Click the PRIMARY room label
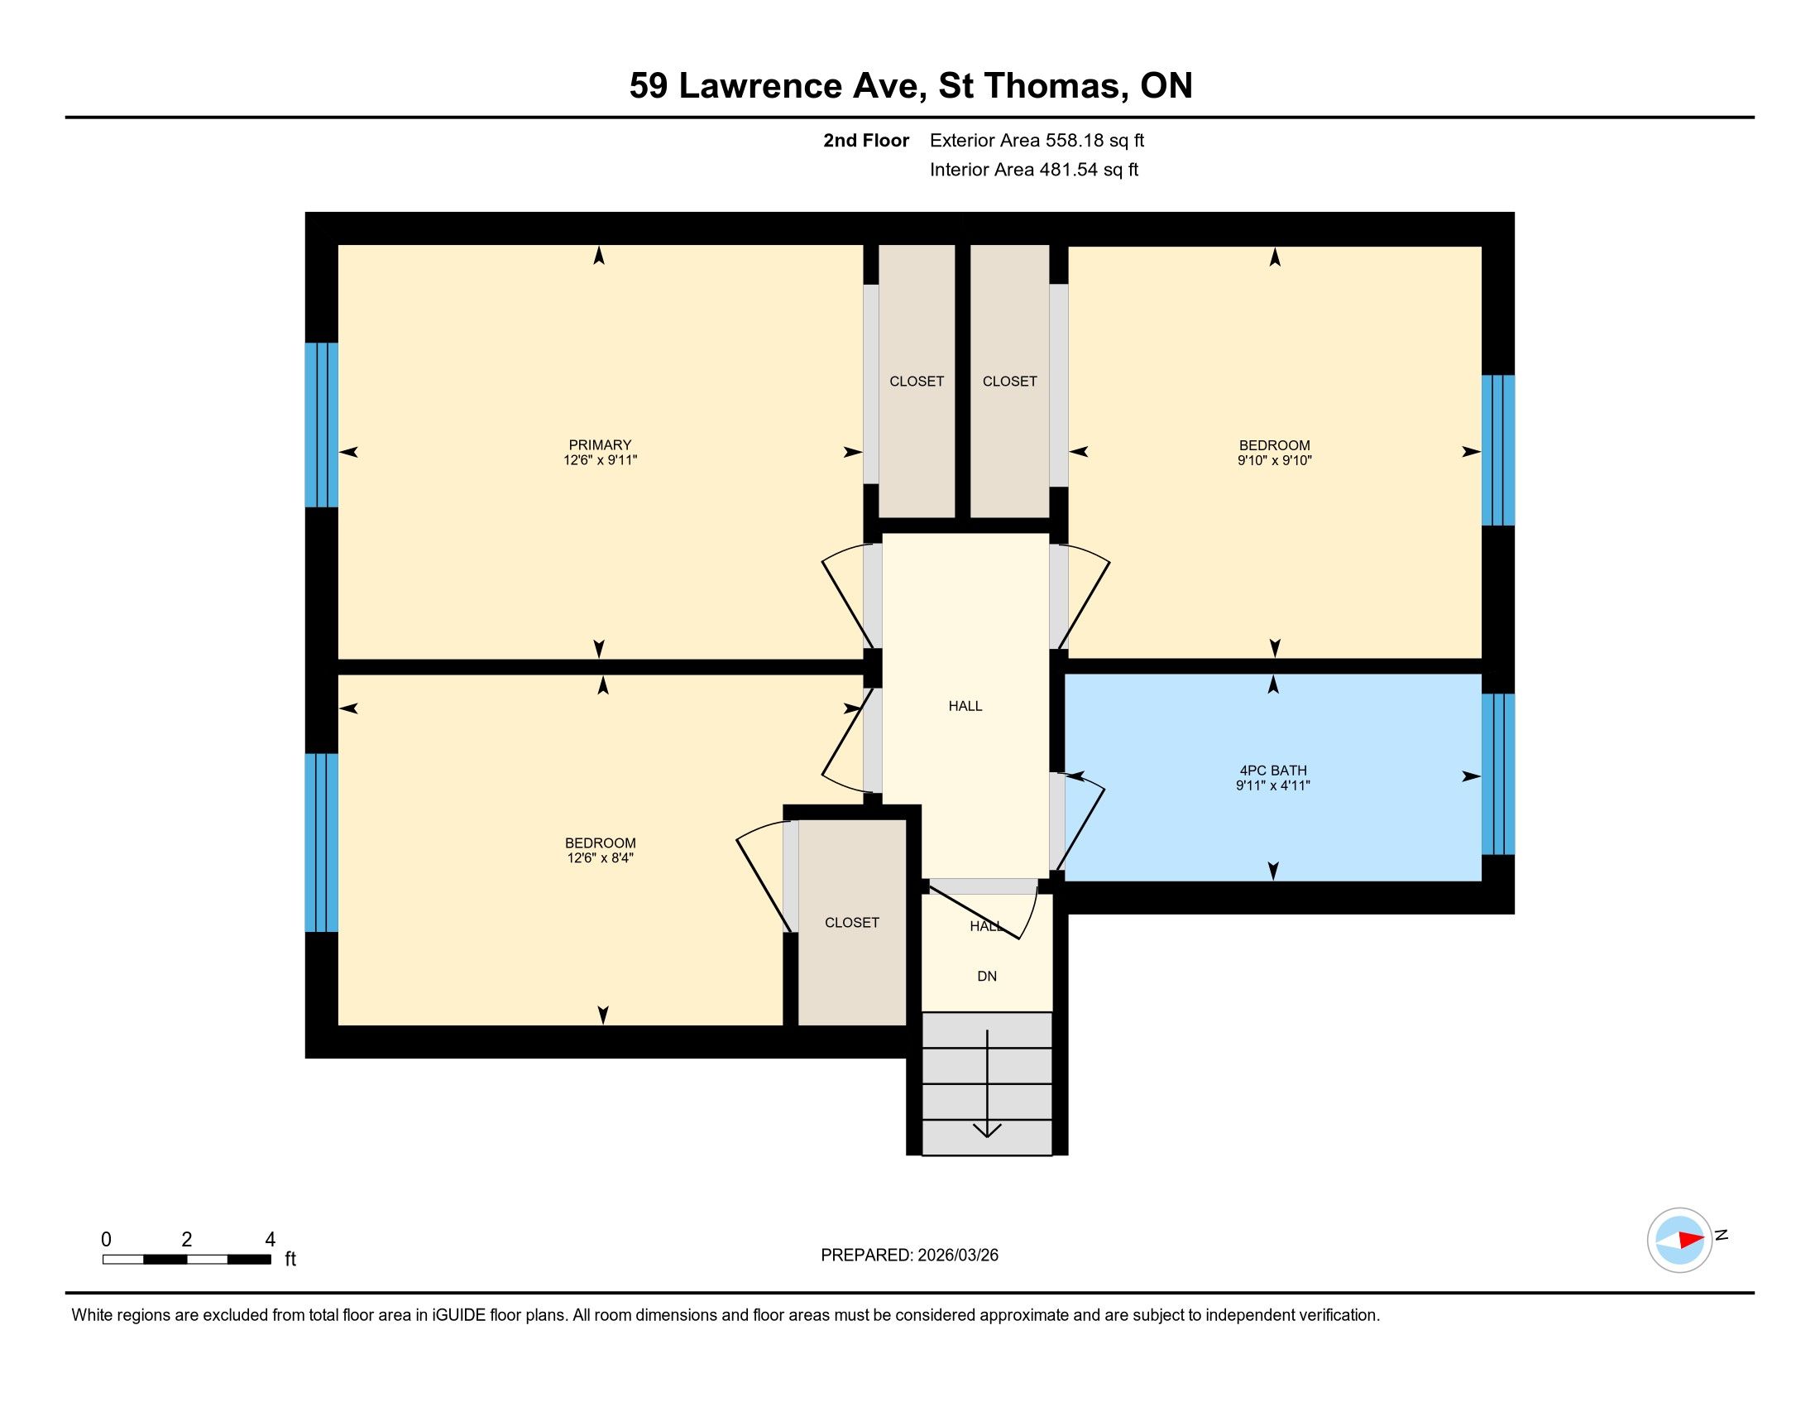coord(600,445)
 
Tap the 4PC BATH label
coord(1272,771)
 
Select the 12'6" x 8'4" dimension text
coord(600,857)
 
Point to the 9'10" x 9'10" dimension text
coord(1274,460)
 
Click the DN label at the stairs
coord(987,976)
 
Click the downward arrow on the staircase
coord(988,1083)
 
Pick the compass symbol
coord(1680,1240)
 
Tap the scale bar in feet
coord(187,1259)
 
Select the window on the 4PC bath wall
coord(1497,775)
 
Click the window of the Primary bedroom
coord(321,425)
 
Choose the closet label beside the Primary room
coord(917,381)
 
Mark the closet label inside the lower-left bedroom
coord(851,923)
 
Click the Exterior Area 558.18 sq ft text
coord(1037,140)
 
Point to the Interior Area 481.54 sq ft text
coord(1033,169)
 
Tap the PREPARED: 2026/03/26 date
coord(909,1256)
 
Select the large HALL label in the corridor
coord(965,706)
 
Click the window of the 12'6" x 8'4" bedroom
coord(321,843)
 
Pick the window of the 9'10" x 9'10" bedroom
coord(1497,450)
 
